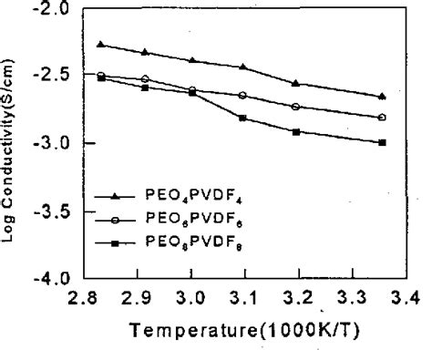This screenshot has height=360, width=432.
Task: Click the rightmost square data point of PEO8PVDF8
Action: tap(382, 142)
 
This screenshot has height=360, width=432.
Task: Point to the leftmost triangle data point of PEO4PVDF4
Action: tap(100, 44)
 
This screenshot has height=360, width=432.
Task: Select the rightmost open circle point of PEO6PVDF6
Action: tap(382, 118)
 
